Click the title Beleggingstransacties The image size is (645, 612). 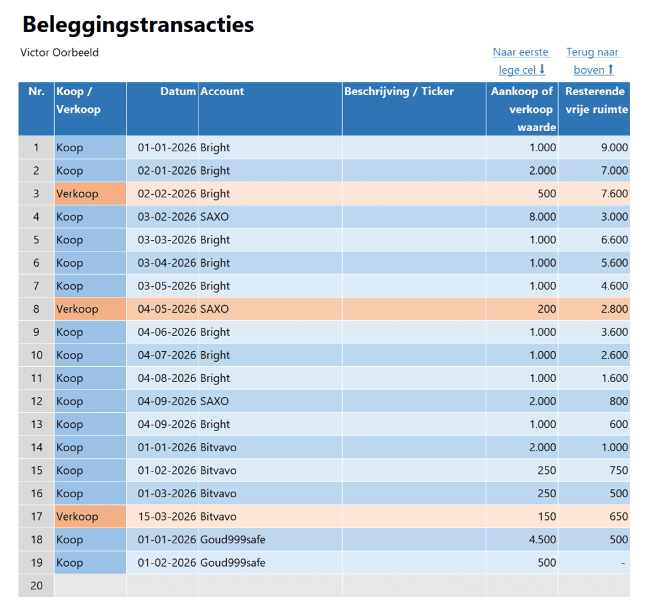pos(138,25)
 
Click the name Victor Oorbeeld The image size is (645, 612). pos(59,52)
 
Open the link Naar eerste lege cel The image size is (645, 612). pos(521,61)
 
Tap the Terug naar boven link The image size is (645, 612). pos(593,61)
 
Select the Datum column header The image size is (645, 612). pos(178,91)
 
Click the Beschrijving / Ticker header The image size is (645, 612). pos(399,91)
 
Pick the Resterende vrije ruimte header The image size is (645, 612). pos(596,100)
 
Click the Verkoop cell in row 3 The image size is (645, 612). pos(77,193)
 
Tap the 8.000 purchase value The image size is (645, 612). pos(542,217)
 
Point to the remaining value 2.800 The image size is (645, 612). pos(614,309)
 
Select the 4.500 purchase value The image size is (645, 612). pos(542,540)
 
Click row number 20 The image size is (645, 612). pos(37,586)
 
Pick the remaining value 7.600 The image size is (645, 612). pos(614,193)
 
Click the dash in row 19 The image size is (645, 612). pos(624,563)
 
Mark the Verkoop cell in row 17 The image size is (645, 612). pos(77,517)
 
